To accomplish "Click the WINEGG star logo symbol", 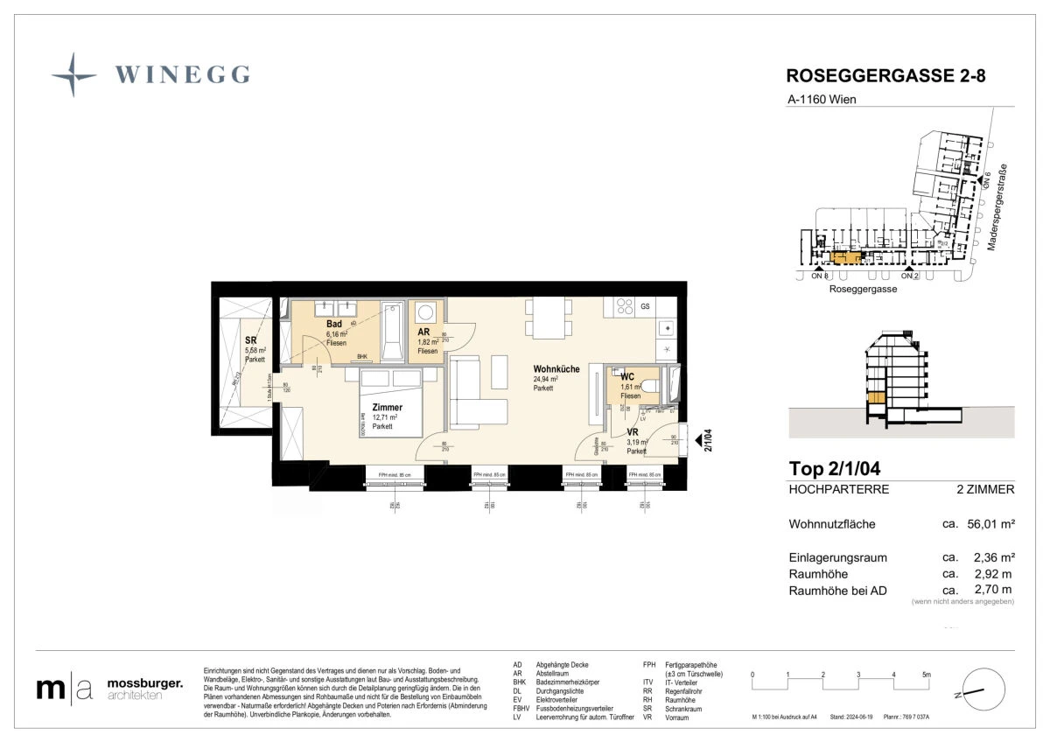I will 73,74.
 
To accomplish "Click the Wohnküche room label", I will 556,369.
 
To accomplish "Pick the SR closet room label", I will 251,340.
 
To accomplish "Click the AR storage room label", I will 423,332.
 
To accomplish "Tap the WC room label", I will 627,377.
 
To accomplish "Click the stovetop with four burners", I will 625,306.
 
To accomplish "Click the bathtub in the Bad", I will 393,330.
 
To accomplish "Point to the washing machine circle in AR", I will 426,311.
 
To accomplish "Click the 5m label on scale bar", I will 927,675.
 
